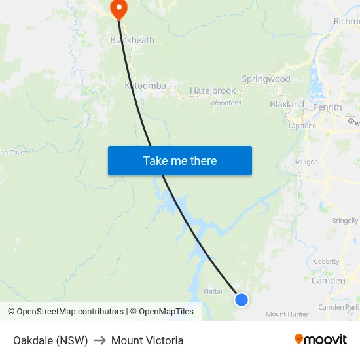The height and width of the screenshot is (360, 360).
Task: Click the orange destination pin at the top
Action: [x=119, y=9]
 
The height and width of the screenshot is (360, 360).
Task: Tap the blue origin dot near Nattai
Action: [x=242, y=300]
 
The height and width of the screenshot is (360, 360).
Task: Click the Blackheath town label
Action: [x=132, y=40]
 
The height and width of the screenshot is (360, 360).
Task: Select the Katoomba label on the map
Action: [x=146, y=86]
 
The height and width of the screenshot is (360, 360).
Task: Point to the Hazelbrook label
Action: [x=213, y=90]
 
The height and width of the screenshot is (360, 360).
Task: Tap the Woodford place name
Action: [x=226, y=103]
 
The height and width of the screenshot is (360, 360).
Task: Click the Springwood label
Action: [x=266, y=79]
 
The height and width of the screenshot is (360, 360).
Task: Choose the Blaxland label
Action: [x=287, y=104]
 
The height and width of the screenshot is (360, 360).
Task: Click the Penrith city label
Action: [x=327, y=107]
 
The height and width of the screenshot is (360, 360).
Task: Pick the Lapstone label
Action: [x=302, y=126]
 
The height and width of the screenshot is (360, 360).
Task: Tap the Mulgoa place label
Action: [x=306, y=161]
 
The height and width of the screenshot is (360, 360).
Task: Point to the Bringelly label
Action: [x=345, y=221]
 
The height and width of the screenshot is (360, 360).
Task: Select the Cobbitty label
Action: [x=327, y=261]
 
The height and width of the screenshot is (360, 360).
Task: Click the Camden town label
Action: [x=328, y=281]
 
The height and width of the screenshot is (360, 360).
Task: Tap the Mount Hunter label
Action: [x=287, y=314]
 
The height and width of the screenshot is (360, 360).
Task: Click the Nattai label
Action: [x=213, y=291]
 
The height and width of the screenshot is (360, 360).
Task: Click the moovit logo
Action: [x=320, y=340]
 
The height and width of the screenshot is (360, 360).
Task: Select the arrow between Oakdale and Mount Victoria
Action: [x=99, y=340]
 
